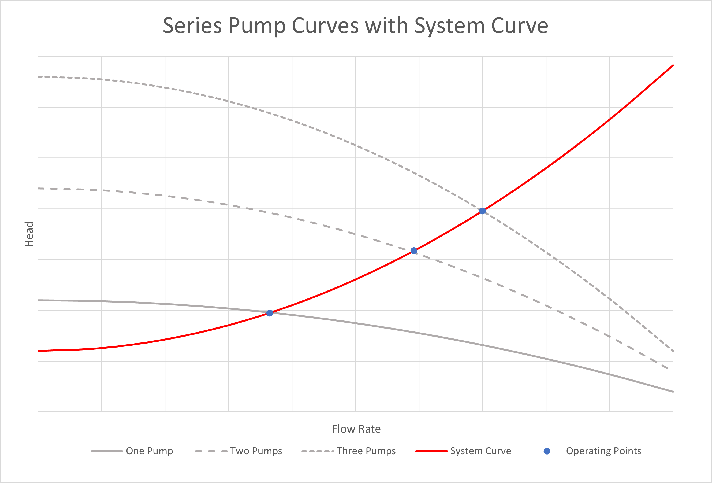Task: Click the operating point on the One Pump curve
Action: coord(270,313)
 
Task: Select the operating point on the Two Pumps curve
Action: coord(414,251)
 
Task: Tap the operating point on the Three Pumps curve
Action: coord(483,211)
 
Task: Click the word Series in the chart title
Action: coord(192,25)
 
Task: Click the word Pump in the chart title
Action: coord(257,25)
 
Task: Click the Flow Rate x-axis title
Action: coord(356,429)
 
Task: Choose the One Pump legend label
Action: coord(150,451)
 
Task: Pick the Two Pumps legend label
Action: coord(256,451)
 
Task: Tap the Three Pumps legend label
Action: coord(366,451)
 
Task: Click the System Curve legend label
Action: coord(480,451)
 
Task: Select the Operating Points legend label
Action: coord(603,451)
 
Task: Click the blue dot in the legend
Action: coord(547,451)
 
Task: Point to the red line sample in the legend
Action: coord(431,451)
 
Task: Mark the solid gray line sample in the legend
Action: coord(107,451)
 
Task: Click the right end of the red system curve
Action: coord(673,66)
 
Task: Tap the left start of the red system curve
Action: coord(39,351)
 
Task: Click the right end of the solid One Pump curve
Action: coord(673,392)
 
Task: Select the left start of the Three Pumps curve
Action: coord(39,76)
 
